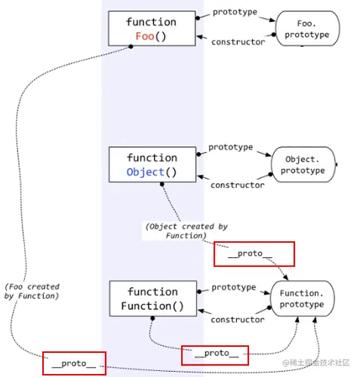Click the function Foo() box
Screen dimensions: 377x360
pyautogui.click(x=152, y=29)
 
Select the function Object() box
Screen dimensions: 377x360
pyautogui.click(x=152, y=164)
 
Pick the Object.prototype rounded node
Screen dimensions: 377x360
pyautogui.click(x=304, y=164)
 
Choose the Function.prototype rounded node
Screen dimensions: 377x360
pyautogui.click(x=301, y=299)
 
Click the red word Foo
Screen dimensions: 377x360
pyautogui.click(x=145, y=36)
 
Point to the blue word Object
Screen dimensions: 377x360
pyautogui.click(x=146, y=172)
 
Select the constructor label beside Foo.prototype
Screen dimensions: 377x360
pyautogui.click(x=238, y=42)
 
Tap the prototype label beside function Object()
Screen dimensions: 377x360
pyautogui.click(x=230, y=147)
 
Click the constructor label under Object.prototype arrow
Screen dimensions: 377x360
pyautogui.click(x=237, y=185)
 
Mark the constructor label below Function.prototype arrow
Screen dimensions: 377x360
pyautogui.click(x=237, y=320)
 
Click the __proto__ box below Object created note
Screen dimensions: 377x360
pyautogui.click(x=254, y=254)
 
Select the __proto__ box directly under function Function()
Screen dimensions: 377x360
pyautogui.click(x=214, y=353)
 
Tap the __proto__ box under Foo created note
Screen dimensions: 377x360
pyautogui.click(x=73, y=363)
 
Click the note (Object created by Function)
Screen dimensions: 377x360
pyautogui.click(x=186, y=231)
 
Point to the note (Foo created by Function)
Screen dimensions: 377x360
pyautogui.click(x=32, y=291)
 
